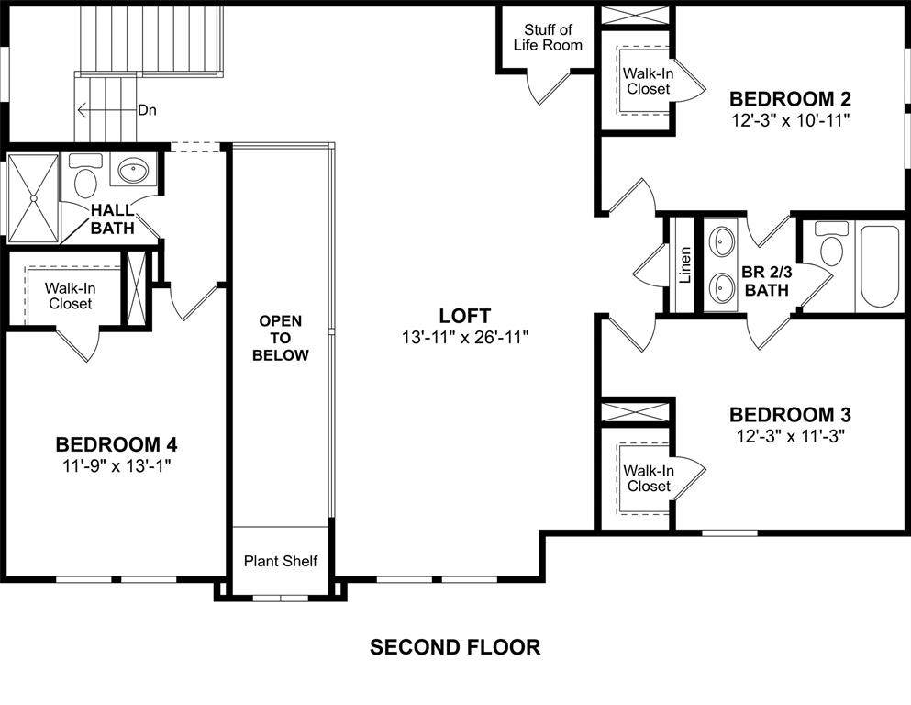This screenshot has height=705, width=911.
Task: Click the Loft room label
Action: (465, 316)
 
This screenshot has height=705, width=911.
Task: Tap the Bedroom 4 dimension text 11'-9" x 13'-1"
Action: (117, 465)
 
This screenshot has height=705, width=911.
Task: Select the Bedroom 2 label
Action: (790, 99)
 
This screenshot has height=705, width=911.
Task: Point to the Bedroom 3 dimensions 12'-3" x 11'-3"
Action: (790, 436)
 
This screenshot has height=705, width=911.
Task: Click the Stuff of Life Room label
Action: (548, 38)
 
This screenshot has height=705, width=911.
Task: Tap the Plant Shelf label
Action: (281, 561)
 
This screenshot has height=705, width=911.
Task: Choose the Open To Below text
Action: (281, 338)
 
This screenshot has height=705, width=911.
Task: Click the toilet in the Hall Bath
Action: (84, 176)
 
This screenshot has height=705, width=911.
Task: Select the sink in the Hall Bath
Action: (133, 170)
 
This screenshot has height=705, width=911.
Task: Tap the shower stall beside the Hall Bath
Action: (33, 198)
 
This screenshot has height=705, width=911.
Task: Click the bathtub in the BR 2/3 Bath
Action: (880, 267)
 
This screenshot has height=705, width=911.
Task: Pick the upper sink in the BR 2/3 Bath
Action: (723, 239)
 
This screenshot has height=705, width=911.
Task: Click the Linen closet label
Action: (685, 265)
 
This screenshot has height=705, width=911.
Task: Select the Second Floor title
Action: (455, 647)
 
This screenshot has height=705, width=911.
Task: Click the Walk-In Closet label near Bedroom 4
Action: (71, 296)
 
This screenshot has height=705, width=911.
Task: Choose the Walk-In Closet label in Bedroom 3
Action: (649, 478)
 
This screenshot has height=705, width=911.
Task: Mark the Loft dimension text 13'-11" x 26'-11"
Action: (465, 337)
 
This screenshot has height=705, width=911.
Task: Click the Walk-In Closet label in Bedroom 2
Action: (649, 82)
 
